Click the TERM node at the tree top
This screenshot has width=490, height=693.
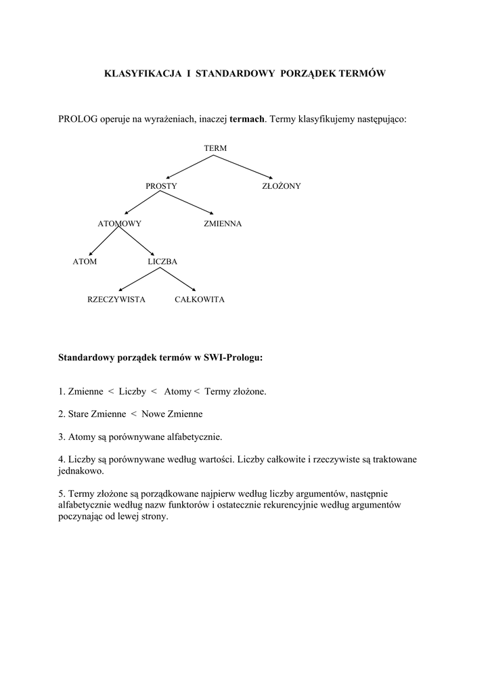pyautogui.click(x=215, y=148)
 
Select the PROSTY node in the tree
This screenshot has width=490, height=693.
pyautogui.click(x=161, y=185)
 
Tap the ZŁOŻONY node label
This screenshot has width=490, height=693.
pyautogui.click(x=282, y=185)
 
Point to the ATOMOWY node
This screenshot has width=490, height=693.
pyautogui.click(x=119, y=223)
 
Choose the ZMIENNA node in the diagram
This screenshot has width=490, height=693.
pyautogui.click(x=223, y=223)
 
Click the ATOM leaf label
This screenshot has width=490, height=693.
pyautogui.click(x=85, y=261)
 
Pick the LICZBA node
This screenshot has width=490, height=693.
pyautogui.click(x=162, y=261)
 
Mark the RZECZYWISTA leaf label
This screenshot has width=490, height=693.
pyautogui.click(x=116, y=299)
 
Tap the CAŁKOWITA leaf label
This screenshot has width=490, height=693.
pyautogui.click(x=200, y=299)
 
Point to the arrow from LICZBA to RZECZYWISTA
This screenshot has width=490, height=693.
pyautogui.click(x=139, y=280)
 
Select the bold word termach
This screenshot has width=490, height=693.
pyautogui.click(x=247, y=119)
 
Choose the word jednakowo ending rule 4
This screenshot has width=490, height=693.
pyautogui.click(x=81, y=470)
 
